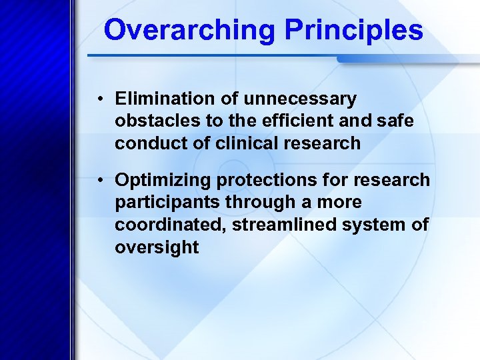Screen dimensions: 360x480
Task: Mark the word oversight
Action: coord(157,247)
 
